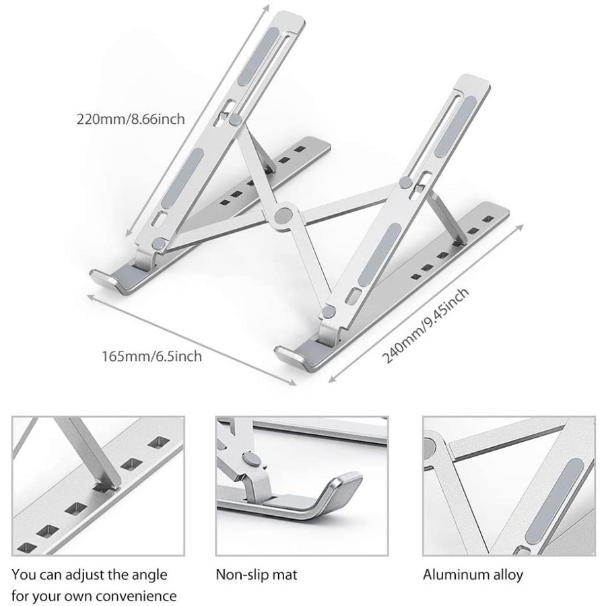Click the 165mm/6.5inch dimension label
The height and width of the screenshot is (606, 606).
tap(151, 356)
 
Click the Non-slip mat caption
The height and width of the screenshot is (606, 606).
tap(256, 575)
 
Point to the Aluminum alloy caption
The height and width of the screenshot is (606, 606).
tap(473, 575)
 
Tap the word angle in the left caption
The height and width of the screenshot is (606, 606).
tap(151, 575)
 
